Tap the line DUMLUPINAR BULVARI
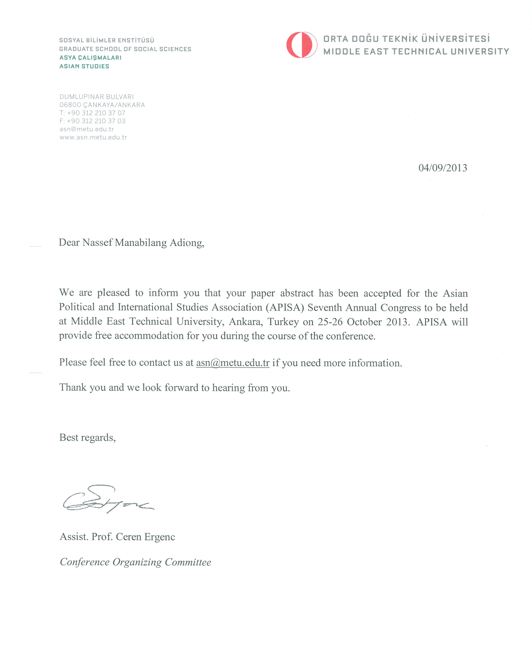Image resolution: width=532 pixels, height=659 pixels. click(97, 97)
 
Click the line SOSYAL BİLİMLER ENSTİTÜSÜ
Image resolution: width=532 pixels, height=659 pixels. click(107, 40)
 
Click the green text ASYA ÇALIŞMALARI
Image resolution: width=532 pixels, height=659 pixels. click(90, 58)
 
